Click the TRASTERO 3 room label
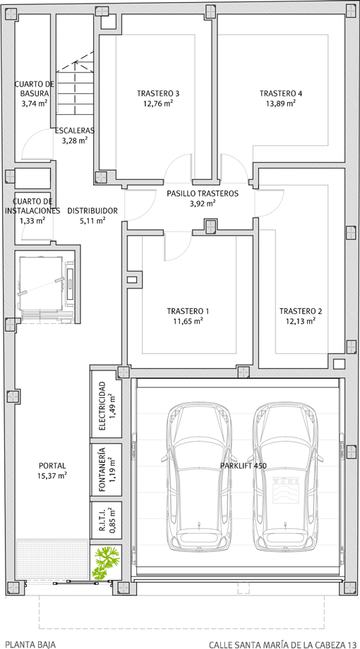pos(158,93)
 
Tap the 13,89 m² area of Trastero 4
pos(280,104)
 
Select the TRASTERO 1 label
pos(188,311)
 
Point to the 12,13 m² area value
pos(301,321)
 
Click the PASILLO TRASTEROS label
pos(203,193)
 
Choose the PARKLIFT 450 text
pos(243,466)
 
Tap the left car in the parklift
pos(200,476)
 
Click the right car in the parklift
pos(285,476)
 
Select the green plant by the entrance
pos(106,562)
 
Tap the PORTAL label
pos(52,466)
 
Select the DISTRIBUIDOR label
pos(92,211)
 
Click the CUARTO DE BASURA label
pos(35,89)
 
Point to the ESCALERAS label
pos(75,131)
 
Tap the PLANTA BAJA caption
pos(30,645)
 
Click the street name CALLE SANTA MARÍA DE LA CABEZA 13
pos(282,645)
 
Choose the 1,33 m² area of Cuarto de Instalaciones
pos(32,221)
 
